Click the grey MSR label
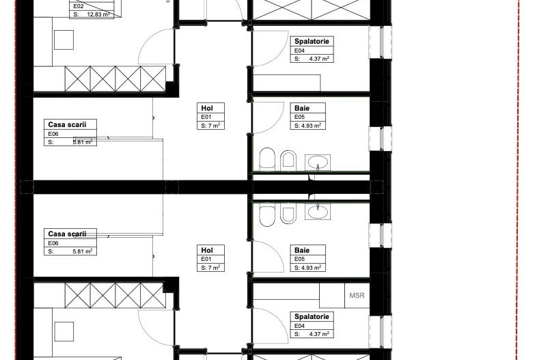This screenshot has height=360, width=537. click(357, 295)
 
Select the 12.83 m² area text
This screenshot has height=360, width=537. click(98, 15)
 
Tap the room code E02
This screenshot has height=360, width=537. click(79, 6)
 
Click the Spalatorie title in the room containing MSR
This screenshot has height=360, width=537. click(312, 316)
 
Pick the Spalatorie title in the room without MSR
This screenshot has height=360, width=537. click(312, 42)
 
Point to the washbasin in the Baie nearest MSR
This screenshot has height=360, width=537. click(318, 211)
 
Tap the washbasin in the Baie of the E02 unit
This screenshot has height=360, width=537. click(318, 163)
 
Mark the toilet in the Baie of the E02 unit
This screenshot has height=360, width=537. click(267, 159)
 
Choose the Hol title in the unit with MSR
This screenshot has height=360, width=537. click(207, 251)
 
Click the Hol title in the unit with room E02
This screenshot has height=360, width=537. click(207, 108)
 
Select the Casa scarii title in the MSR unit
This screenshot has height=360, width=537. click(67, 234)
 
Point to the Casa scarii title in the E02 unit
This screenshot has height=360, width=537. click(67, 125)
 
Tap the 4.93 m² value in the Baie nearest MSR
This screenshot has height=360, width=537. click(312, 268)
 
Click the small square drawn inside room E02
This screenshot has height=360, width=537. click(64, 40)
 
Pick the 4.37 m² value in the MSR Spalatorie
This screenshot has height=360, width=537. click(319, 334)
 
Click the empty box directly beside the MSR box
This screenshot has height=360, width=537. click(332, 295)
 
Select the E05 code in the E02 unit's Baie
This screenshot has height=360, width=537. click(299, 117)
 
